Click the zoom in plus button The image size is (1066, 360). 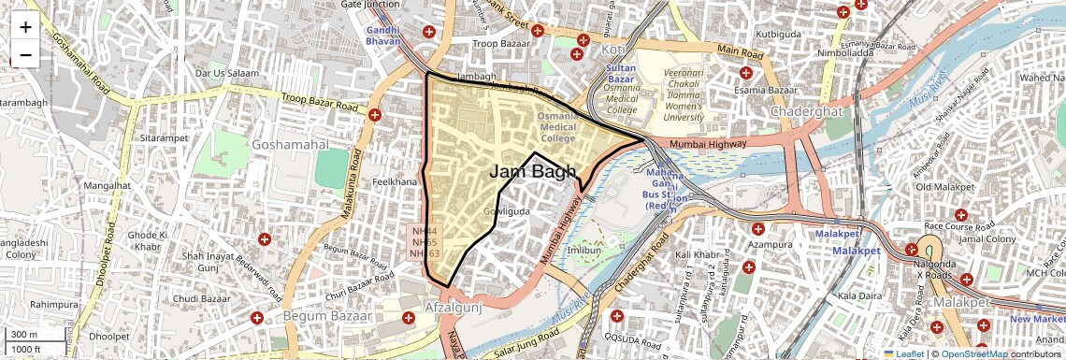(25, 26)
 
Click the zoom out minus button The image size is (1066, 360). (25, 54)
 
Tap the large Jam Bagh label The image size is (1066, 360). (532, 172)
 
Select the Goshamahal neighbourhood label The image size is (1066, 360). (289, 145)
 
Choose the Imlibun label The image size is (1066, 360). (584, 251)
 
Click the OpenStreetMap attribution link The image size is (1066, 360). (975, 353)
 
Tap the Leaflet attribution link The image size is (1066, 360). (904, 353)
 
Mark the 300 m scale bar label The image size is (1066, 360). (25, 335)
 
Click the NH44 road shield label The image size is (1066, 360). (425, 230)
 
